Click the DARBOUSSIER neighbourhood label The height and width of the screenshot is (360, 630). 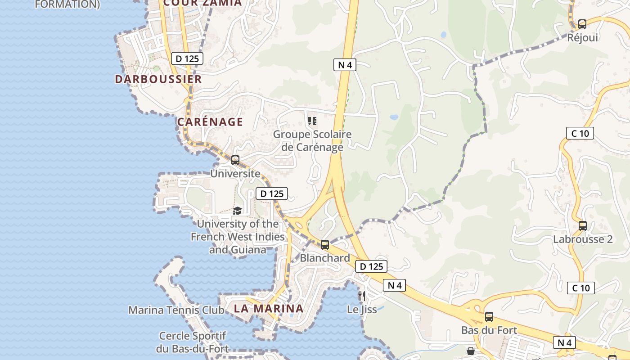coord(158,79)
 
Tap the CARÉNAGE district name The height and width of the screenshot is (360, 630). coord(210,122)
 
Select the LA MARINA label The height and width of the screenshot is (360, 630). coord(268,309)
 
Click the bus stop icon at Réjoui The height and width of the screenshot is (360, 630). coord(582,24)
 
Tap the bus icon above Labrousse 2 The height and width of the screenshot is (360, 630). coord(583,226)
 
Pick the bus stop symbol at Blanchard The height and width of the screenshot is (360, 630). coord(325,245)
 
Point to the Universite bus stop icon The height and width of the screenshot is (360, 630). coord(235,160)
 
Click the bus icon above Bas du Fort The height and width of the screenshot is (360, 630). coord(489,317)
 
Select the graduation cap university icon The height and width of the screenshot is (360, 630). coord(237,211)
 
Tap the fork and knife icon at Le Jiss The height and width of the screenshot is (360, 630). coord(361,296)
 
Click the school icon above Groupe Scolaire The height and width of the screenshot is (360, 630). coord(312,121)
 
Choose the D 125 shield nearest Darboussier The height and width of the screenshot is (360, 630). coord(187,58)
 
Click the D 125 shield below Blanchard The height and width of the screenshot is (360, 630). coord(371,266)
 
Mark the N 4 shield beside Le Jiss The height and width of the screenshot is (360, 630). coord(394,285)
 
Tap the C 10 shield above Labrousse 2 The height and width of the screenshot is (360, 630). coord(580,133)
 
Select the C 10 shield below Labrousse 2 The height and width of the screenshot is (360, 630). coord(580,288)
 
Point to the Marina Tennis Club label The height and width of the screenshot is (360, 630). coord(176,310)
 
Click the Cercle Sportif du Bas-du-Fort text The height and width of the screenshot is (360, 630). coord(193,342)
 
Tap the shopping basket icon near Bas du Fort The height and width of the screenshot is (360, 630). coord(471,351)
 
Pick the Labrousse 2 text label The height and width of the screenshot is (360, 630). coord(583,239)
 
